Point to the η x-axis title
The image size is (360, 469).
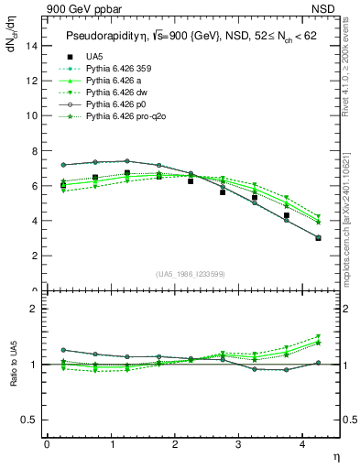334,455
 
